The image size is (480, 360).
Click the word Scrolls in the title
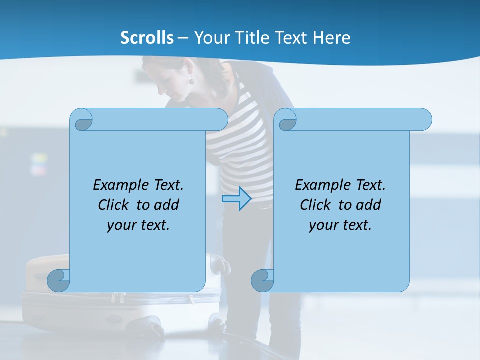(x=147, y=37)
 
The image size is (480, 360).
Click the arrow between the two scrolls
(x=236, y=199)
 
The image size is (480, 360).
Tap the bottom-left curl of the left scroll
(x=59, y=280)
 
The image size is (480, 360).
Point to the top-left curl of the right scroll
(x=287, y=120)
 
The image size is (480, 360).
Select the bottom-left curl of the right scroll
(x=262, y=280)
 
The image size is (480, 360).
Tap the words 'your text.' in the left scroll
(x=138, y=225)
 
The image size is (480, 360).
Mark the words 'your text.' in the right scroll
(x=340, y=225)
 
